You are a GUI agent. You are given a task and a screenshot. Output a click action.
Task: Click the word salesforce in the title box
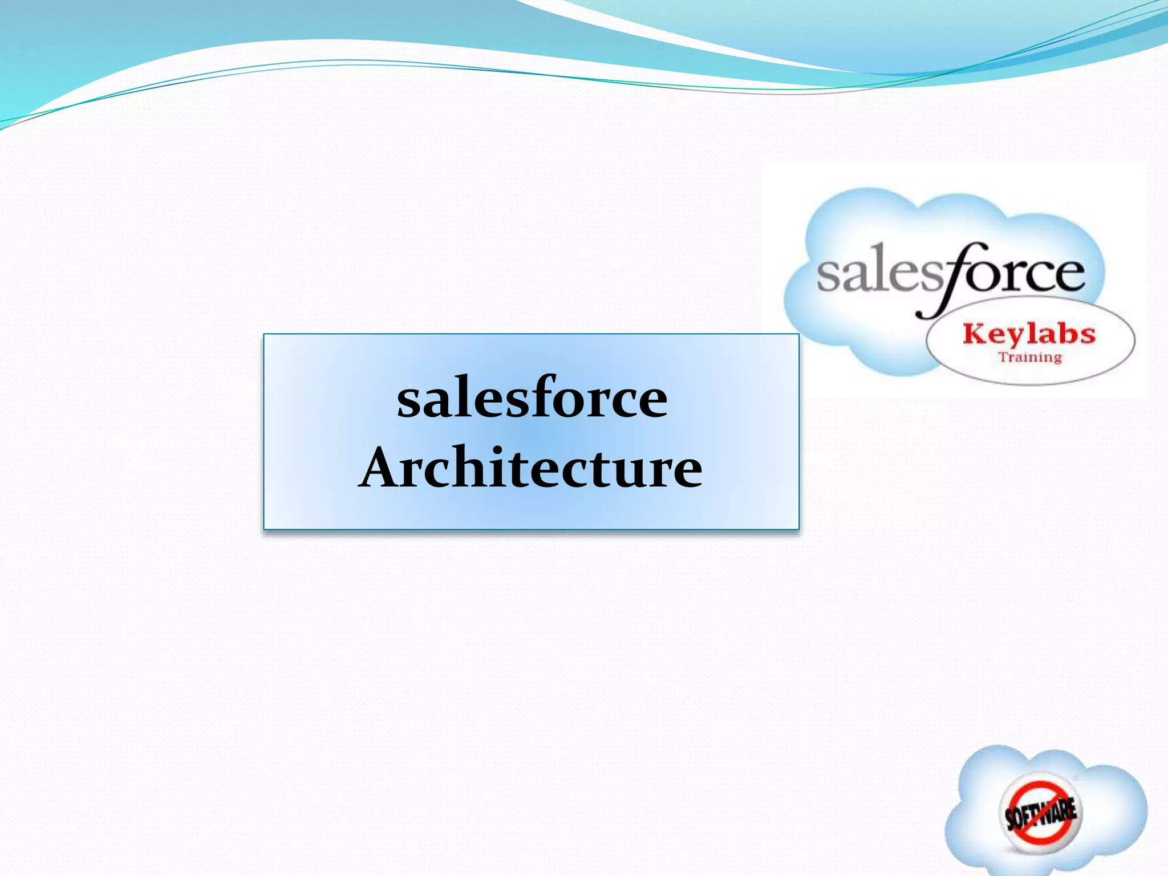(532, 398)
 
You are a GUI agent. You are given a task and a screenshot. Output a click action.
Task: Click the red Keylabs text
(1029, 334)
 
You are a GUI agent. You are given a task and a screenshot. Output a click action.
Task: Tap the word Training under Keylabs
(1030, 358)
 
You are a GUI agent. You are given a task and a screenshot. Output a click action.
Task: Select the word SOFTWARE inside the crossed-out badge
(1041, 812)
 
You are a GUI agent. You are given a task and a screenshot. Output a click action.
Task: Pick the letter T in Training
(1002, 357)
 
